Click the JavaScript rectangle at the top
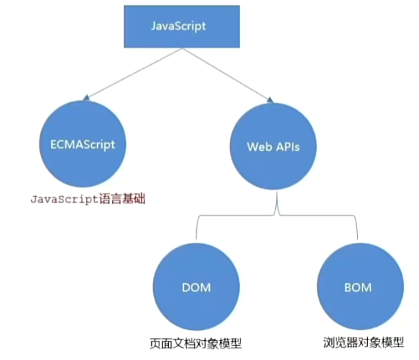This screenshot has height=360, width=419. tap(182, 27)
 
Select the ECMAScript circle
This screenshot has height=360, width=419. tap(83, 144)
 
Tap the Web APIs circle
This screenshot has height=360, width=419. tap(273, 147)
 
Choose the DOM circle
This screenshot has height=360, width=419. tap(196, 287)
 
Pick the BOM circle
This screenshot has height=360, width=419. tap(360, 286)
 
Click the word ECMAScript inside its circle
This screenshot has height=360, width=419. tap(82, 145)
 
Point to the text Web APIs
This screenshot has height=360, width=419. tap(273, 147)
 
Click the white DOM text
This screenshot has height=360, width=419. tap(196, 288)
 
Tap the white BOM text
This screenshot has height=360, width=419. tap(358, 288)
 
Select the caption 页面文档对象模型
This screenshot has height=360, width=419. tap(196, 344)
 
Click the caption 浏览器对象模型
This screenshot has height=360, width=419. tap(364, 342)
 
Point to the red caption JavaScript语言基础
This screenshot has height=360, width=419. tap(88, 199)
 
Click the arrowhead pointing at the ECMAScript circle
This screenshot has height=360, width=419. tap(86, 98)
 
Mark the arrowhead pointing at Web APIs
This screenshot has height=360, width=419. tap(270, 100)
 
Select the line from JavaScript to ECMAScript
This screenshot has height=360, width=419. tap(134, 73)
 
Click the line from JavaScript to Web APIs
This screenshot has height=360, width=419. tap(226, 74)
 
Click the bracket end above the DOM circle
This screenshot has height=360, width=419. tap(196, 239)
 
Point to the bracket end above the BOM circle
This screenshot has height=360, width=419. tap(357, 239)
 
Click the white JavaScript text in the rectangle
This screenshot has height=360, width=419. tap(179, 27)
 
